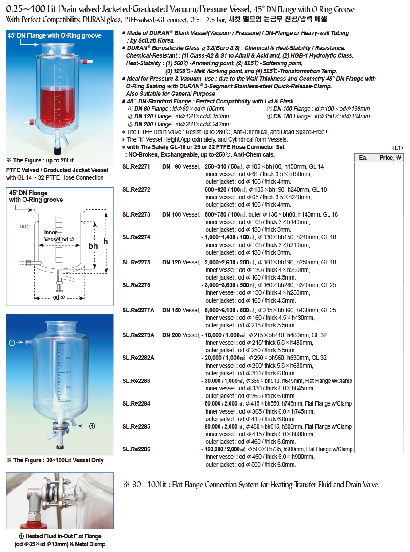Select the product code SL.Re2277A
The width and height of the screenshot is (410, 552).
point(138,310)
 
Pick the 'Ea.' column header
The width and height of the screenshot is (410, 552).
point(363,158)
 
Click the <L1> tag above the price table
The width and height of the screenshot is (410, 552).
point(398,148)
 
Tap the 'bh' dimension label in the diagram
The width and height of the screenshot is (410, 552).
point(93,246)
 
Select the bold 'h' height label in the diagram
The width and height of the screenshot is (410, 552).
point(105,241)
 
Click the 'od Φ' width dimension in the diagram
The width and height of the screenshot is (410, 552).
point(59,297)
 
